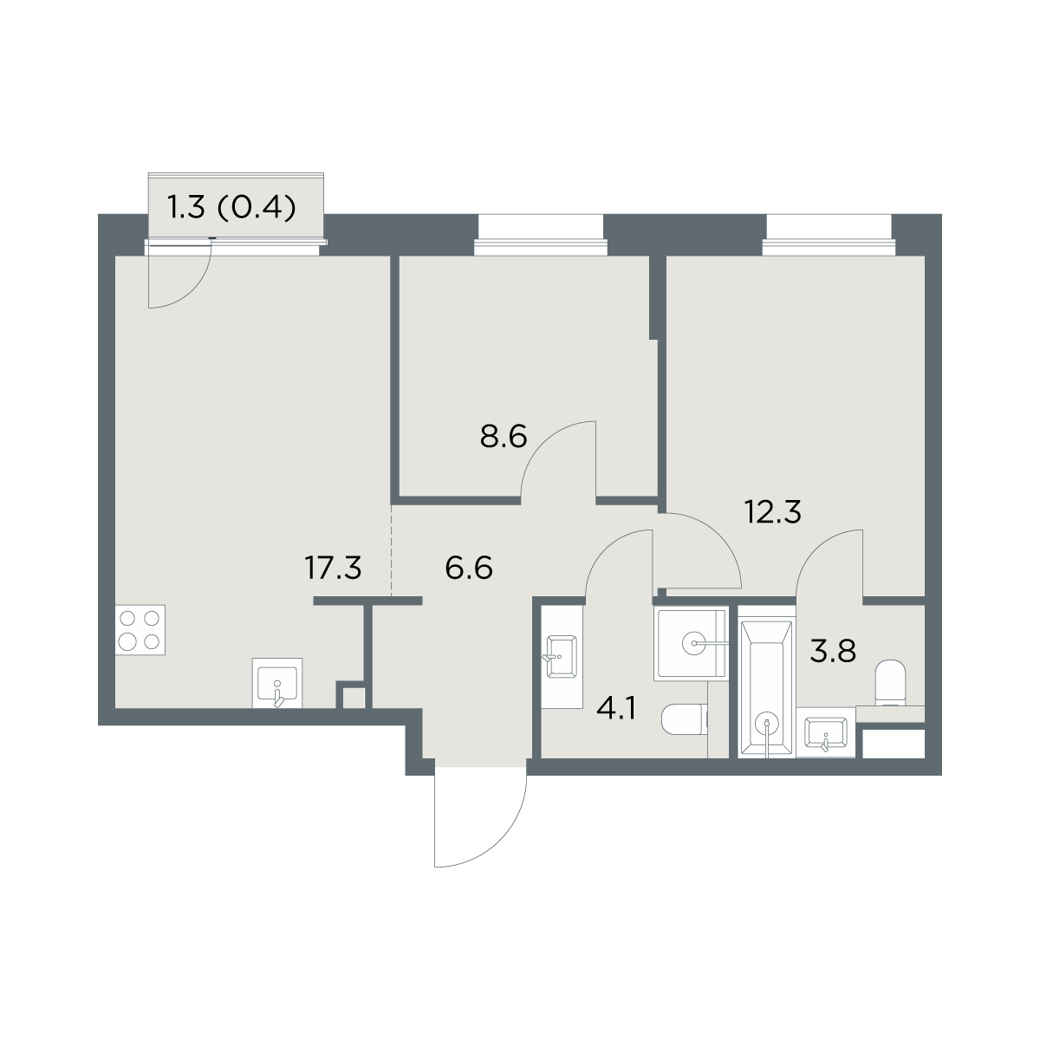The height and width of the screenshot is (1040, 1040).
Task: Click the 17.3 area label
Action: (333, 568)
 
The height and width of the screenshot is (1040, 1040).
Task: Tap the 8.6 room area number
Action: (503, 437)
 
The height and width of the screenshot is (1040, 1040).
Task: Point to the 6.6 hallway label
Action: (469, 568)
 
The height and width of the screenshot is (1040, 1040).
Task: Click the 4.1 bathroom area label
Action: (616, 709)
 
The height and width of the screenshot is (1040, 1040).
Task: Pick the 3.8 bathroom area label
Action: (833, 651)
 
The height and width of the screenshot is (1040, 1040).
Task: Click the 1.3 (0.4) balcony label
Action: (232, 207)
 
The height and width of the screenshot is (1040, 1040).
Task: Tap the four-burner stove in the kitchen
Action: (140, 630)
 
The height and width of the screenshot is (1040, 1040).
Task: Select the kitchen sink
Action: (277, 683)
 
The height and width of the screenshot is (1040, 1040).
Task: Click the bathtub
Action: (766, 682)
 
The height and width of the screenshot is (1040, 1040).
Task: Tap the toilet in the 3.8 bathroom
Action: (890, 682)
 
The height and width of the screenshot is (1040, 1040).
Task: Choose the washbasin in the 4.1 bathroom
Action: (562, 656)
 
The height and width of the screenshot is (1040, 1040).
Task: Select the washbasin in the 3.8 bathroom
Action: (825, 733)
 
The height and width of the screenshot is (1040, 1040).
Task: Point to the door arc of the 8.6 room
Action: (542, 443)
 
